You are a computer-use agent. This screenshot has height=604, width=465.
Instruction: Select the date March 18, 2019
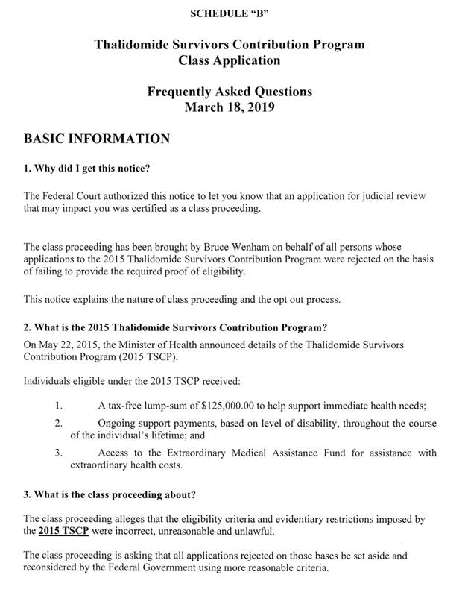230,107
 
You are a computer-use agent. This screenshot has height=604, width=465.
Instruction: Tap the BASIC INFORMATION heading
97,139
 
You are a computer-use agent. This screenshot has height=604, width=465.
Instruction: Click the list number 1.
58,406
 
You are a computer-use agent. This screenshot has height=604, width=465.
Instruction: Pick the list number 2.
58,424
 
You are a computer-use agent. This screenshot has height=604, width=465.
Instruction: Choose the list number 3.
58,453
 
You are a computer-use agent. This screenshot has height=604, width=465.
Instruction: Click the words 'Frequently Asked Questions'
230,92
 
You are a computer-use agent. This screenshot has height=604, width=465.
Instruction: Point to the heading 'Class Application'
230,60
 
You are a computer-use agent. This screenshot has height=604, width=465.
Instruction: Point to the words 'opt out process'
303,300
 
